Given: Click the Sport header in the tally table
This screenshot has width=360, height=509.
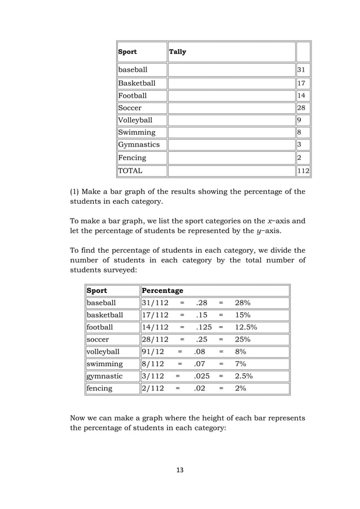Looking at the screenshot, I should coord(128,52).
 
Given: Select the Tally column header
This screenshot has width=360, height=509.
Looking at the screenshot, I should coord(178,52).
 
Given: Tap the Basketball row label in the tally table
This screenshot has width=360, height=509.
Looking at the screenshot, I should coord(137,83).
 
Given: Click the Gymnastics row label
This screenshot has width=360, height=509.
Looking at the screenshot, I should coord(139,145).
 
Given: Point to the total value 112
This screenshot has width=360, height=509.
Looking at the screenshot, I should coord(304,170).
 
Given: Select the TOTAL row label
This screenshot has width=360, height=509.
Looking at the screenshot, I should coord(130,170).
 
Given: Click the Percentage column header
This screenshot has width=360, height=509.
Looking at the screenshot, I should coord(163,291).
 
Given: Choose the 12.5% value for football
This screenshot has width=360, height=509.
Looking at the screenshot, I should coord(247,327).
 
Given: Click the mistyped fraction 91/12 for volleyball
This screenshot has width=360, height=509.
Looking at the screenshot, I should coord(153,352).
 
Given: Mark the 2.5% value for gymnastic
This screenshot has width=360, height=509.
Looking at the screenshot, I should coord(244,376).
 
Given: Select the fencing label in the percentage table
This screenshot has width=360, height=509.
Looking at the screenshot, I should coord(100,388).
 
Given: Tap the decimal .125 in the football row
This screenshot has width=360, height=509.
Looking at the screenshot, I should coord(204,327).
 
